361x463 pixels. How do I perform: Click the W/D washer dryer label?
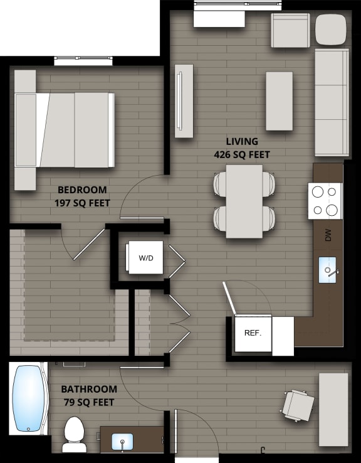click(145, 257)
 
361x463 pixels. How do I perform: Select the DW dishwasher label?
click(327, 235)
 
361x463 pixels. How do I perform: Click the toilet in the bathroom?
click(74, 434)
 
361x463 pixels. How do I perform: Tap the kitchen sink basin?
click(327, 270)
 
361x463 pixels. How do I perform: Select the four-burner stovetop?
click(325, 201)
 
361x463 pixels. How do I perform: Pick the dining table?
click(244, 201)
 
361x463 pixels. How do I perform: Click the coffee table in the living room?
click(279, 101)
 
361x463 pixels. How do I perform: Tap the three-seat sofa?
click(332, 102)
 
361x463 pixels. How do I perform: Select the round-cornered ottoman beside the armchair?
click(330, 29)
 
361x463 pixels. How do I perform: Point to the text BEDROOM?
click(82, 189)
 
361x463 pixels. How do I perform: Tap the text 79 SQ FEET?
click(88, 402)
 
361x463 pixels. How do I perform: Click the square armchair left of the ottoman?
click(290, 29)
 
